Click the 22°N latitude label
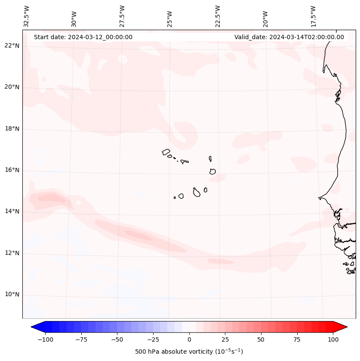[x=12, y=46]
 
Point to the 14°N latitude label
[x=12, y=211]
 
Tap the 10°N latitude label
[x=12, y=295]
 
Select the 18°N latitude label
[x=12, y=129]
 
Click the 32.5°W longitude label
[x=27, y=16]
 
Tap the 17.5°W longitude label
[x=313, y=16]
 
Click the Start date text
[x=83, y=37]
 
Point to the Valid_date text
[x=289, y=37]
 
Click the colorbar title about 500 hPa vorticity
[x=189, y=352]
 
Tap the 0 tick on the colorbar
[x=189, y=339]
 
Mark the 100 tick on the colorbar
[x=333, y=339]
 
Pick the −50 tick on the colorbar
[x=117, y=339]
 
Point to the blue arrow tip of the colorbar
[x=35, y=327]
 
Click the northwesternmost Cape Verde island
[x=166, y=152]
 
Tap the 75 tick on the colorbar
[x=297, y=339]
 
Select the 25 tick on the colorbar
[x=225, y=339]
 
